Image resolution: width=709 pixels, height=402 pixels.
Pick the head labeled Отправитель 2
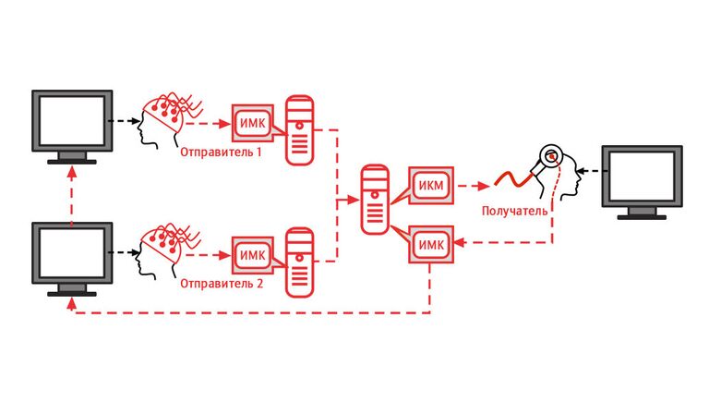point(166,250)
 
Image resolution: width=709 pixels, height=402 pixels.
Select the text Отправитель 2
point(222,284)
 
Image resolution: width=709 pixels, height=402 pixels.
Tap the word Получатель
point(514,212)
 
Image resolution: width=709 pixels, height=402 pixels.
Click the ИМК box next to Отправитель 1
point(251,121)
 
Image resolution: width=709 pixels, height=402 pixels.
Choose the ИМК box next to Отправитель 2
point(251,253)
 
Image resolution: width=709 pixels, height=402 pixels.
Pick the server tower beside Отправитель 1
point(299,129)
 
